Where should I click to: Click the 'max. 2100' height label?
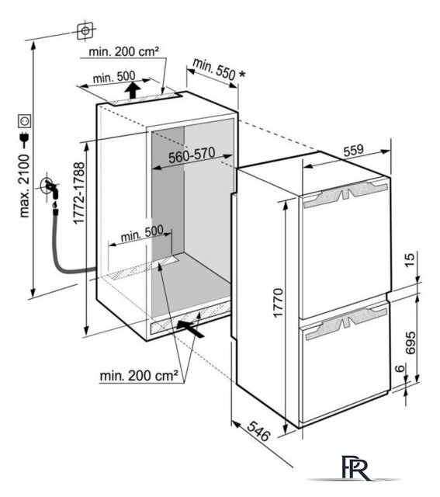tap(24, 186)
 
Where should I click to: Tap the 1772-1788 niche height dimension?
tap(79, 193)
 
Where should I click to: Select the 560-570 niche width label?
tap(192, 155)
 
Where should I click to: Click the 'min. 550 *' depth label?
tap(219, 71)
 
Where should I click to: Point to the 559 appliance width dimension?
tap(353, 149)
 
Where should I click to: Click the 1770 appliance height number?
tap(278, 302)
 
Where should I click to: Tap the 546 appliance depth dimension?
tap(258, 431)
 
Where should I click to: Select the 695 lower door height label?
tap(411, 342)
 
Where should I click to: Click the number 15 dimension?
tap(410, 260)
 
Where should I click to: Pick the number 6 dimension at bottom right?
tap(400, 369)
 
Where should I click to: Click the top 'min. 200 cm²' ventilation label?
tap(123, 51)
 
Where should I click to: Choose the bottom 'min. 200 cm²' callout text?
tap(139, 376)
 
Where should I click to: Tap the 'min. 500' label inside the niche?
tap(142, 233)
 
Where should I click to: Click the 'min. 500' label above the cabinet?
tap(114, 77)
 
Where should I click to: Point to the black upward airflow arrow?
tap(133, 90)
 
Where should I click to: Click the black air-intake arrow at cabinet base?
tap(190, 328)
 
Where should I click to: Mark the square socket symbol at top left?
tap(85, 31)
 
